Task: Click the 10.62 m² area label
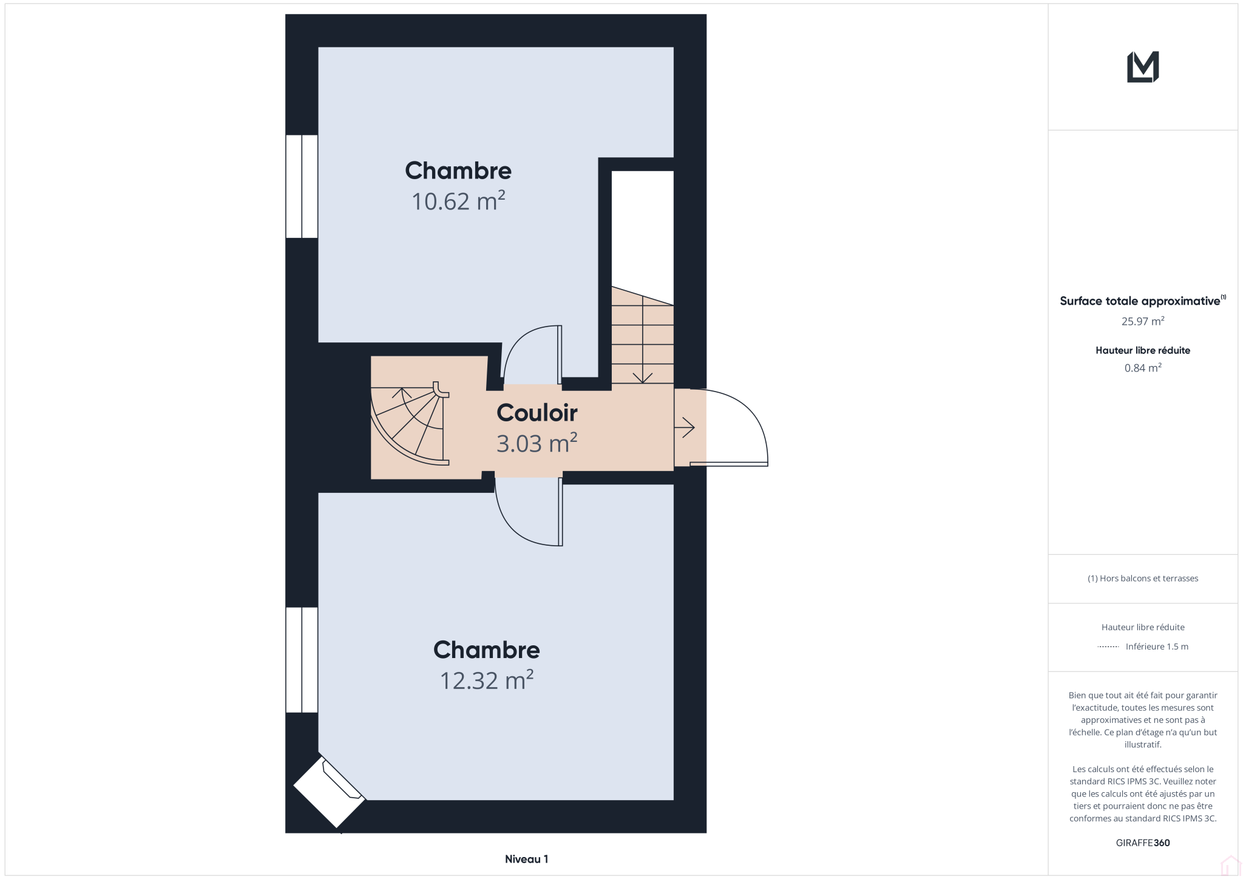(458, 201)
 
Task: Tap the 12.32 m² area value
(486, 680)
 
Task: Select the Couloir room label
(537, 413)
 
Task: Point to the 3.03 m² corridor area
(537, 443)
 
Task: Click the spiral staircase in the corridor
(410, 425)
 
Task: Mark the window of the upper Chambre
(302, 186)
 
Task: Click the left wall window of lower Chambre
(302, 660)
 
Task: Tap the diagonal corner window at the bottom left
(330, 792)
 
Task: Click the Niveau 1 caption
(526, 859)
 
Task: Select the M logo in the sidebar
(1143, 67)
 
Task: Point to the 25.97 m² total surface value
(1143, 321)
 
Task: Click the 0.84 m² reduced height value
(1143, 368)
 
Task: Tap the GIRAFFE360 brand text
(1143, 843)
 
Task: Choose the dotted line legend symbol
(1108, 647)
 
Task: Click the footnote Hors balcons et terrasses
(1143, 579)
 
